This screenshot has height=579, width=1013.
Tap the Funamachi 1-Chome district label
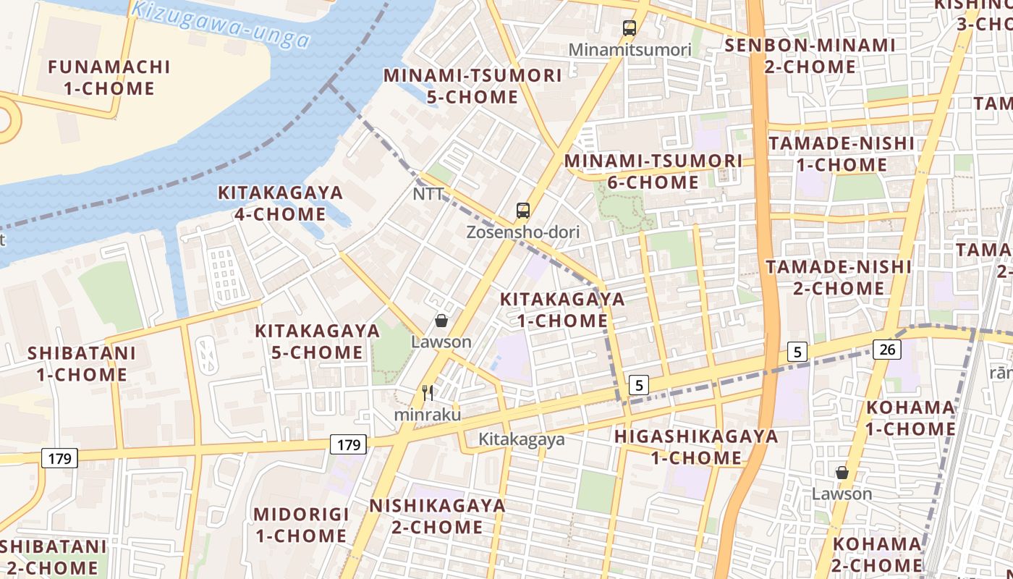click(109, 77)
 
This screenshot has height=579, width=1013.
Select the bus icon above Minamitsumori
click(630, 29)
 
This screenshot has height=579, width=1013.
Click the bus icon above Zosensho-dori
click(523, 211)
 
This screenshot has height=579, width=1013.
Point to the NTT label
click(428, 194)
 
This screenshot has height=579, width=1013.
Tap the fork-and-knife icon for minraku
click(428, 393)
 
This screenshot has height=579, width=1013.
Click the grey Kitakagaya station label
click(521, 439)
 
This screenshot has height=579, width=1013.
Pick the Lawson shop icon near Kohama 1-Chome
click(842, 473)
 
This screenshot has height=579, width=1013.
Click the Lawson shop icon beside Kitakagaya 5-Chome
click(441, 321)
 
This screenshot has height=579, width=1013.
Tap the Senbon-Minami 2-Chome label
click(810, 56)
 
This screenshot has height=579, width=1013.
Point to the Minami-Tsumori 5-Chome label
click(472, 85)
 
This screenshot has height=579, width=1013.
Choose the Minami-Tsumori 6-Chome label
click(653, 171)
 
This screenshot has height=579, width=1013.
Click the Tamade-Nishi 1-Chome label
click(842, 153)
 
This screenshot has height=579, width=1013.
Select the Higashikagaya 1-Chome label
click(696, 447)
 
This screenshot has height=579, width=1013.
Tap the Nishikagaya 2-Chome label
click(437, 515)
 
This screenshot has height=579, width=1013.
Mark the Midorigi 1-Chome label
click(301, 525)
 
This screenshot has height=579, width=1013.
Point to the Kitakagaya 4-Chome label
click(280, 203)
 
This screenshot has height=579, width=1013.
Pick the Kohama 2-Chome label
click(877, 554)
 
